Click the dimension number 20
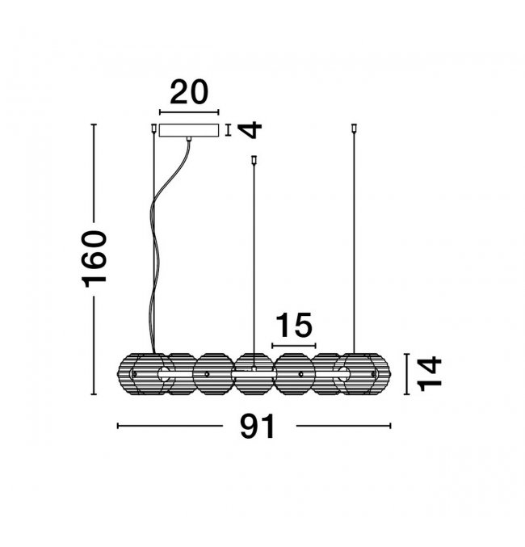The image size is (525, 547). pyautogui.click(x=189, y=92)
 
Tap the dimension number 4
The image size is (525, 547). pyautogui.click(x=250, y=130)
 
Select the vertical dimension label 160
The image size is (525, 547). pyautogui.click(x=94, y=259)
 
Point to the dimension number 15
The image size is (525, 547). pyautogui.click(x=294, y=325)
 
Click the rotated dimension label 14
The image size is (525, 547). pyautogui.click(x=430, y=373)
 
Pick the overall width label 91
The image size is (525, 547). pyautogui.click(x=258, y=426)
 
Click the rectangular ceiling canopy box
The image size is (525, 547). pyautogui.click(x=189, y=130)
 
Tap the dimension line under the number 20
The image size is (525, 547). pyautogui.click(x=189, y=112)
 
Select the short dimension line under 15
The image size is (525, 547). pyautogui.click(x=294, y=346)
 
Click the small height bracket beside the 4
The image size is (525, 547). pyautogui.click(x=228, y=130)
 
